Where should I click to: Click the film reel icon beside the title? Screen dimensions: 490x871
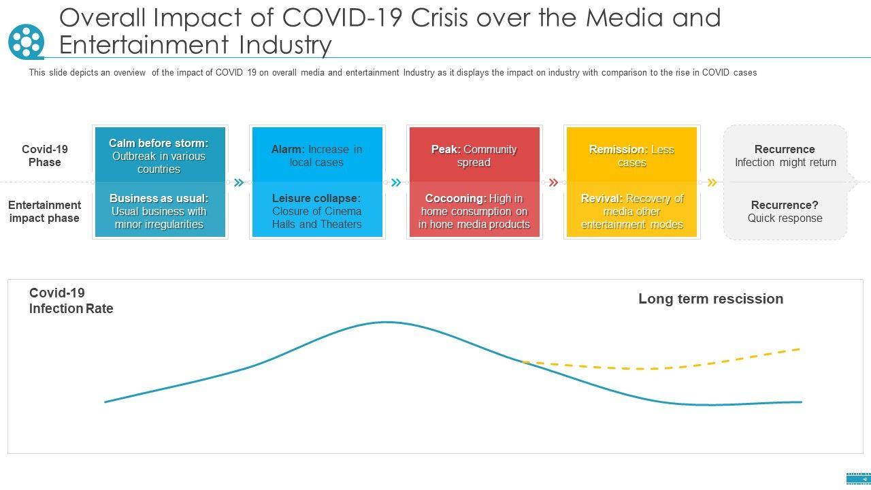26,42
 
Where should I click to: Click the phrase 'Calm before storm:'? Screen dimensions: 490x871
159,143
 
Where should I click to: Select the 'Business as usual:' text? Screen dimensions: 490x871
159,198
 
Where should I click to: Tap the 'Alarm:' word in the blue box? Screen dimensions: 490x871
288,149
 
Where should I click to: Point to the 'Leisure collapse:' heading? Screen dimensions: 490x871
316,198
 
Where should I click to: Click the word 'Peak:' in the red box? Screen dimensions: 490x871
446,149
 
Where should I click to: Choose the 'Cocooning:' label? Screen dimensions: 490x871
455,198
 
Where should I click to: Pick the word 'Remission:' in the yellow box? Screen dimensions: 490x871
618,149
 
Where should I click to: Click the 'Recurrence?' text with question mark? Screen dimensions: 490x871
785,205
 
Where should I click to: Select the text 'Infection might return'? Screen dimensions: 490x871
785,163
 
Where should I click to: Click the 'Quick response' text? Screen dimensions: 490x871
785,218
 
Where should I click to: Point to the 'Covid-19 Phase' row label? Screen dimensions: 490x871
45,156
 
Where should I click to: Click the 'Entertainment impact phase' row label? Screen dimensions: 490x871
44,212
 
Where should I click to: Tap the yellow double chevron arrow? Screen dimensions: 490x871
712,182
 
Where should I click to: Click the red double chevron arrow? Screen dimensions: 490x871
553,182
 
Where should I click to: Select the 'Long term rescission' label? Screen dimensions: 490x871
710,299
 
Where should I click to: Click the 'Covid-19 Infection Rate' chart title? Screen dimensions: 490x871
71,301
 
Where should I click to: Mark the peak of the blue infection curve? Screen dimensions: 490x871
387,322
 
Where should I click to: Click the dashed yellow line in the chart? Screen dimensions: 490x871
653,369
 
